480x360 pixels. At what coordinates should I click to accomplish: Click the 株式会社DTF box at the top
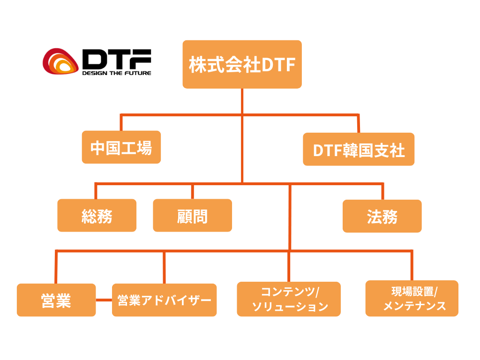[242, 64]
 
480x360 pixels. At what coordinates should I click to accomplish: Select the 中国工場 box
[121, 147]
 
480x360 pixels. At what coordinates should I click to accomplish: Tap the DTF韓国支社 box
[359, 150]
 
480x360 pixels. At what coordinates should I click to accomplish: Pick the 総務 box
[97, 216]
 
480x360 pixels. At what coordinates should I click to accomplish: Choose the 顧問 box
[193, 216]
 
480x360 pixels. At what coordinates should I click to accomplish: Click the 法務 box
[382, 216]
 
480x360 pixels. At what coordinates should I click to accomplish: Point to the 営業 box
[56, 300]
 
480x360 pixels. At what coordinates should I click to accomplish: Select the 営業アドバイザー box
[164, 300]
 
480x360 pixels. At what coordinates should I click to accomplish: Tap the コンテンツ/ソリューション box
[289, 299]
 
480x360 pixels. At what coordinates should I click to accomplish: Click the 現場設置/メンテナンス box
[412, 299]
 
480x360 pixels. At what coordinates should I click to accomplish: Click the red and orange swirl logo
[60, 62]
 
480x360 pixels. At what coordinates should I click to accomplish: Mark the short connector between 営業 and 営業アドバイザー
[104, 300]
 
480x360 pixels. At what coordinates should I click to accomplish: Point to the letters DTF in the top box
[278, 65]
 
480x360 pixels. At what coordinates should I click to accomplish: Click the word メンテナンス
[414, 306]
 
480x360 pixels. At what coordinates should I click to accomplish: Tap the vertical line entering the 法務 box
[382, 191]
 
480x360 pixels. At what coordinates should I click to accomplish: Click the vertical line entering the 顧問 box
[192, 191]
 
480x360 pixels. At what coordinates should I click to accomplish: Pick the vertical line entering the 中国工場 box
[121, 123]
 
